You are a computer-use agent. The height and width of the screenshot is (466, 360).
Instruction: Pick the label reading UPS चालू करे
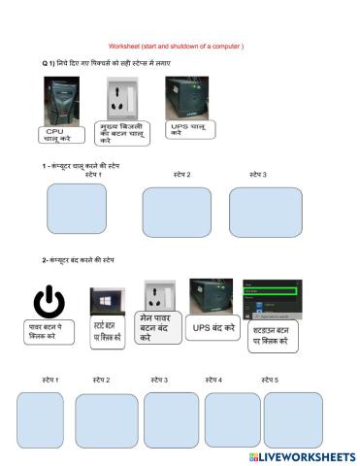point(189,129)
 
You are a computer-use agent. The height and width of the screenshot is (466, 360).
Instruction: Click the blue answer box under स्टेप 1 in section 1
point(77,209)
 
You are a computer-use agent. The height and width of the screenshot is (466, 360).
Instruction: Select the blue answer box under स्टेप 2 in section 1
point(176,212)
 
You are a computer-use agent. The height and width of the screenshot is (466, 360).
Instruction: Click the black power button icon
point(48,302)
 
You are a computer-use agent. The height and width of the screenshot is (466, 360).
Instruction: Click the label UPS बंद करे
point(213,330)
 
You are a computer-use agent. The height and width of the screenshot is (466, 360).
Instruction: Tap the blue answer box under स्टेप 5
point(292,419)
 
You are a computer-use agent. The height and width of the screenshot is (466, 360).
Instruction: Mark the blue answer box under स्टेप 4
point(232,419)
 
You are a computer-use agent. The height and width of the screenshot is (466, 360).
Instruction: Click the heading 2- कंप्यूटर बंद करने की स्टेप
point(79,260)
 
